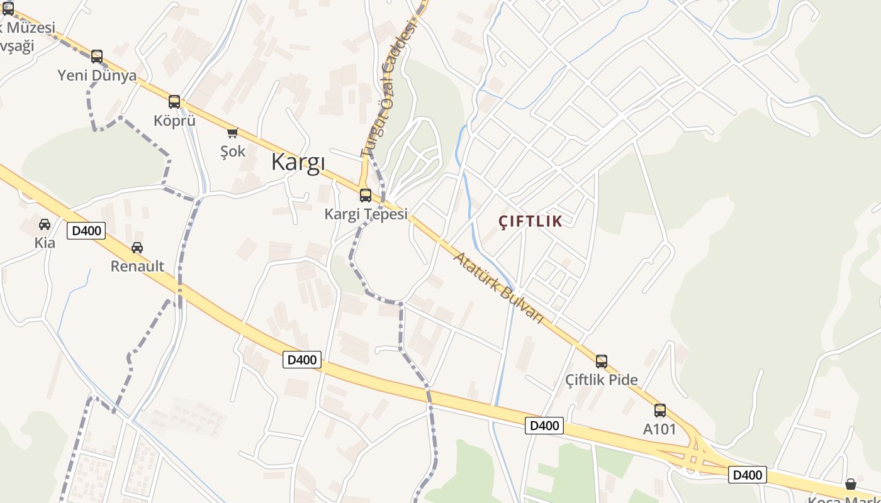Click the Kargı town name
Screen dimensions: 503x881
pyautogui.click(x=298, y=162)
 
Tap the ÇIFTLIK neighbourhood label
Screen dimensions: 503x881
pyautogui.click(x=530, y=221)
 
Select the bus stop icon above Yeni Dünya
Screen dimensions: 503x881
pyautogui.click(x=97, y=57)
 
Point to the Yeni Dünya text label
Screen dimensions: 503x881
pyautogui.click(x=97, y=76)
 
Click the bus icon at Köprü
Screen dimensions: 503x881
pyautogui.click(x=174, y=102)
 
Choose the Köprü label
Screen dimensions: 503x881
pyautogui.click(x=174, y=121)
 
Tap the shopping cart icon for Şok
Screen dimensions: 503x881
pyautogui.click(x=233, y=133)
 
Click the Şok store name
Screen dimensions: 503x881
pyautogui.click(x=233, y=152)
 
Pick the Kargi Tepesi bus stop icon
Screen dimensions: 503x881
pyautogui.click(x=366, y=195)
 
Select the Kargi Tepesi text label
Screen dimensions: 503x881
pyautogui.click(x=366, y=214)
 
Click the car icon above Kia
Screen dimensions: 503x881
pyautogui.click(x=45, y=224)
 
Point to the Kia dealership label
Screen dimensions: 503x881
pyautogui.click(x=45, y=243)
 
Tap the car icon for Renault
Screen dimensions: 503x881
pyautogui.click(x=137, y=248)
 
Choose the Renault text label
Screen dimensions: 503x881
pyautogui.click(x=137, y=267)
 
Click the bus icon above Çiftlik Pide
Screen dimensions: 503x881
pyautogui.click(x=602, y=362)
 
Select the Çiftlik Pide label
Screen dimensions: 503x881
pyautogui.click(x=602, y=380)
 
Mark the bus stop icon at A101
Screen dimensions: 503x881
pyautogui.click(x=659, y=411)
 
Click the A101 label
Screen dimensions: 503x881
pyautogui.click(x=659, y=429)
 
